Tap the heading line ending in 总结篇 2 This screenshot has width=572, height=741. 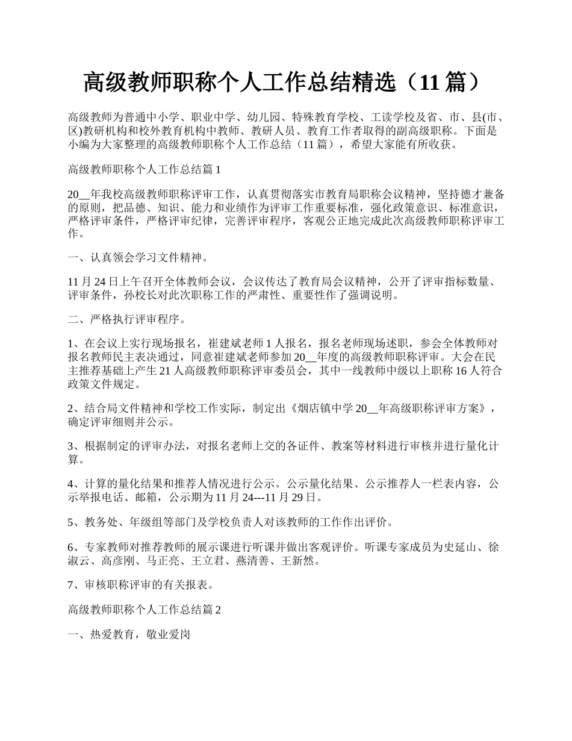pyautogui.click(x=145, y=610)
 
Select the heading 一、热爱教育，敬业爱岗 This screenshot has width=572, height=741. pyautogui.click(x=129, y=635)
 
